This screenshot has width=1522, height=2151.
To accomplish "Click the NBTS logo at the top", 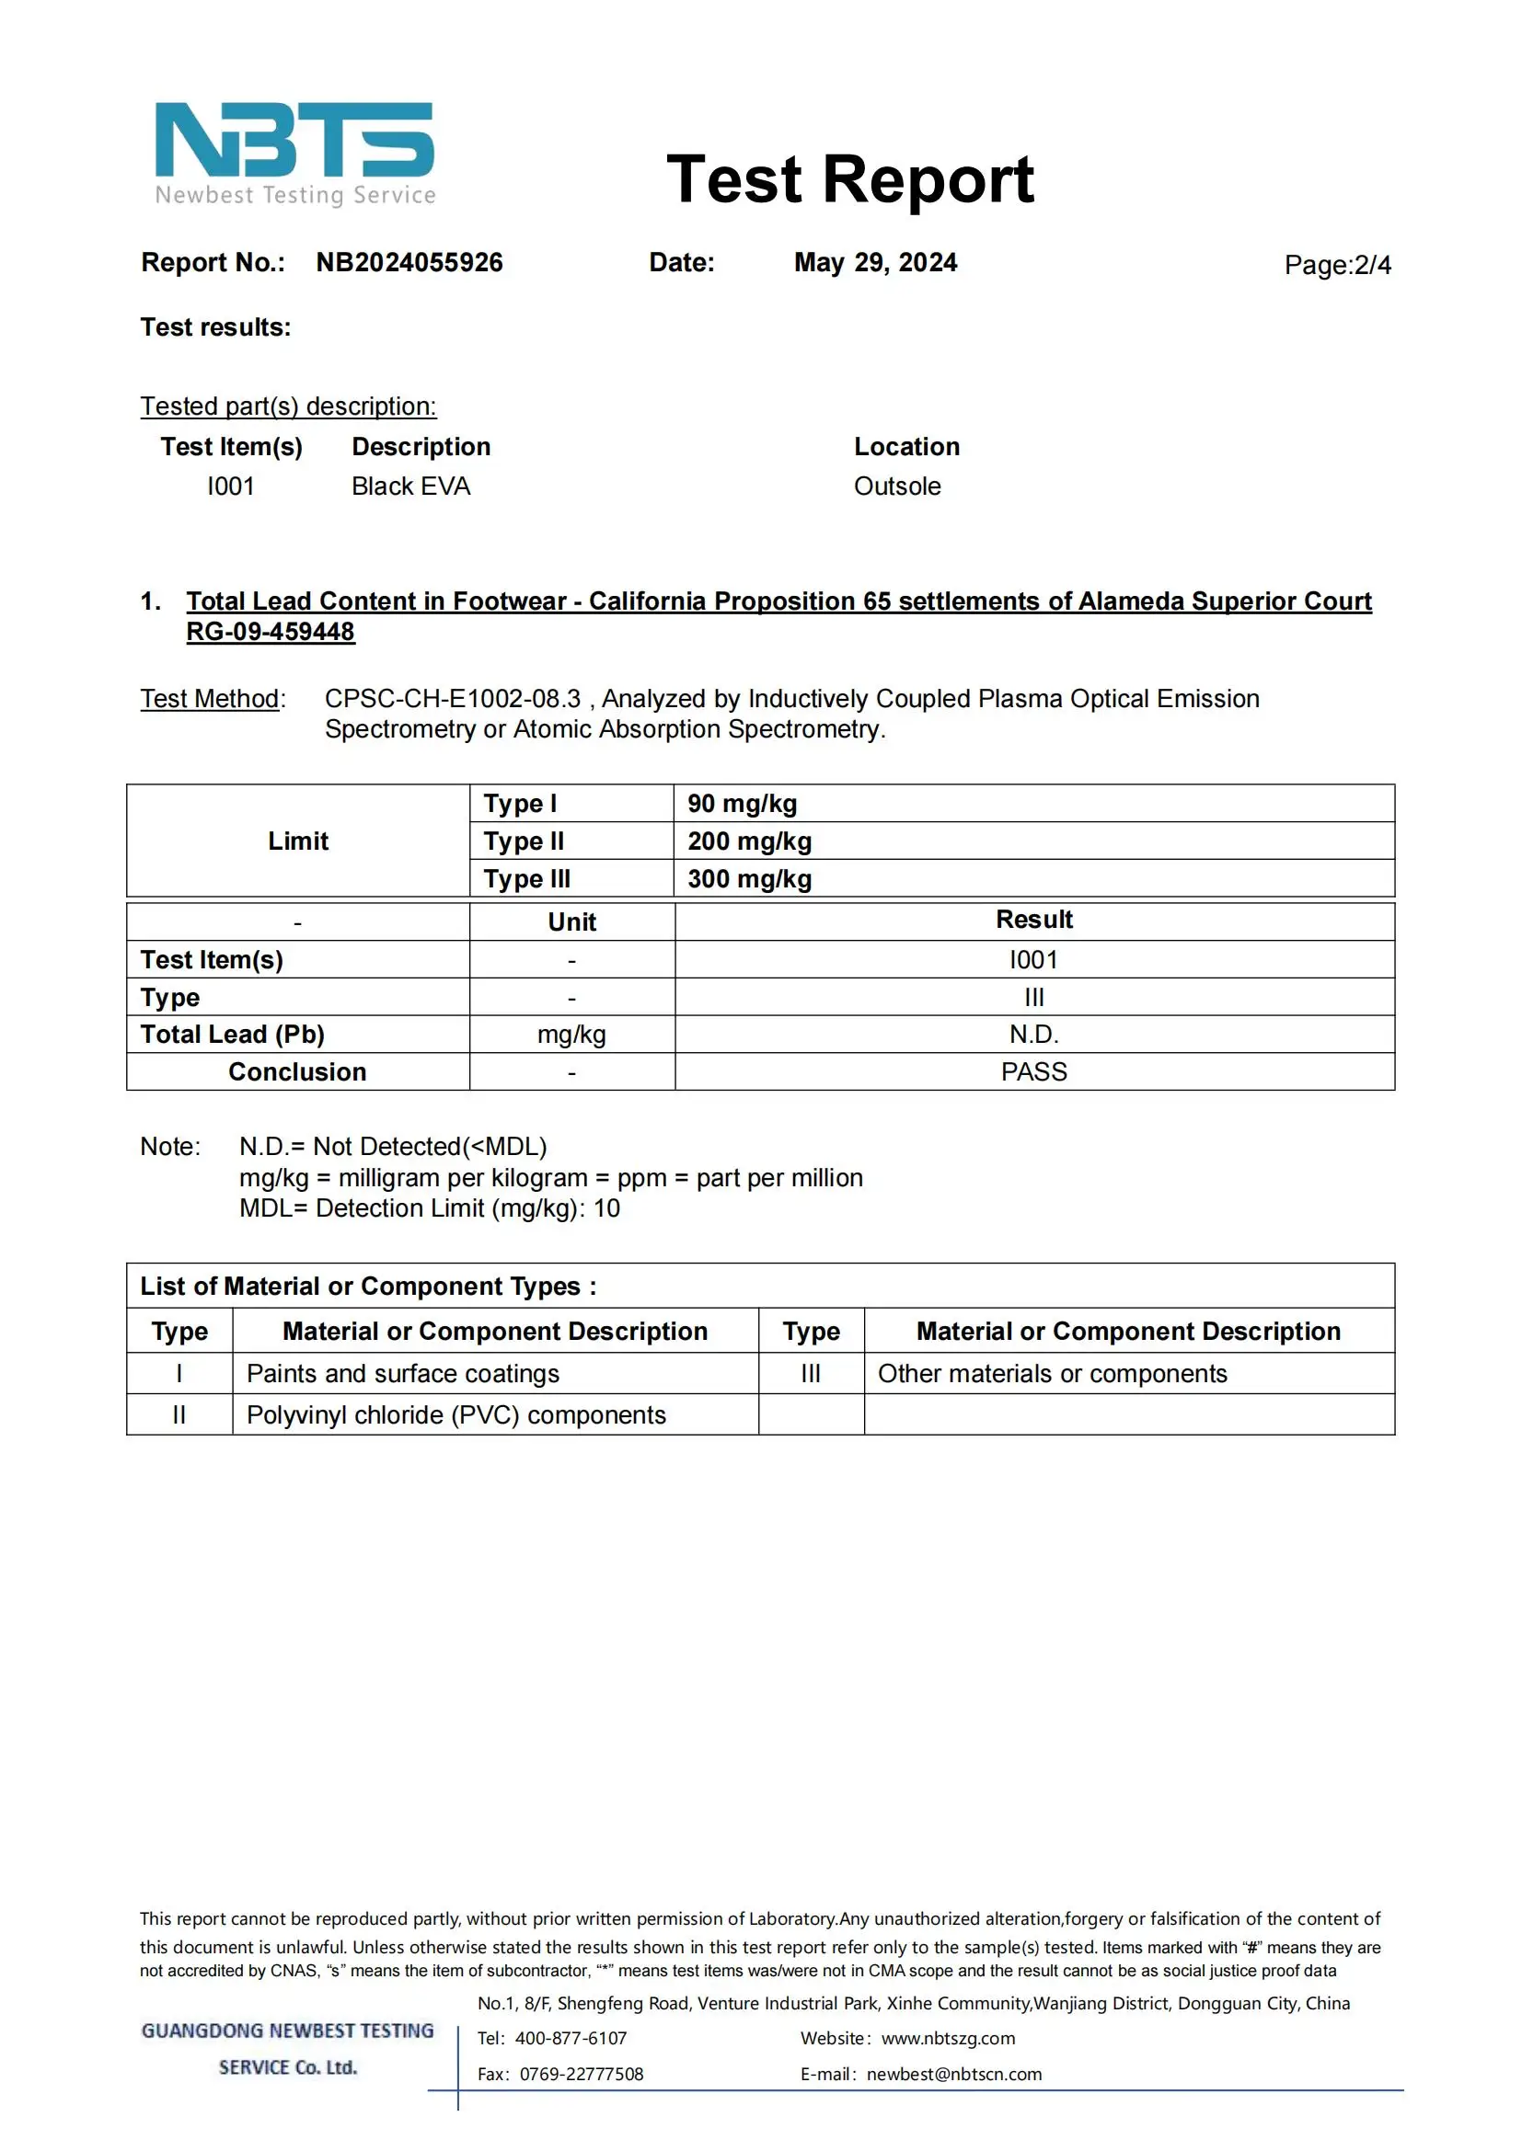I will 294,153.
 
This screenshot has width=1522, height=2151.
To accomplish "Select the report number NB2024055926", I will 409,262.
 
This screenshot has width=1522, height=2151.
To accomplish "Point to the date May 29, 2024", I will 874,262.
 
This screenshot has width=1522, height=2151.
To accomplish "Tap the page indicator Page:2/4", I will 1336,265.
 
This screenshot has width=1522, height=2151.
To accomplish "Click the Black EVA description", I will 410,486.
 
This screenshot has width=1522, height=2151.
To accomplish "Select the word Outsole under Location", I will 897,486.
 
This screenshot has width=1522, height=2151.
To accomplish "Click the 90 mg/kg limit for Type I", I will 743,804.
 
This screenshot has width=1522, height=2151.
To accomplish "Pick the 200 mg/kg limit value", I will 750,841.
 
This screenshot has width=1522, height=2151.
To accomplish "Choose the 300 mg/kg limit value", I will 750,879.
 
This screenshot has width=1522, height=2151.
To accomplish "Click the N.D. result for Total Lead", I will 1033,1035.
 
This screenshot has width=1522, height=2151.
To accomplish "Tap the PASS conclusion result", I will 1033,1071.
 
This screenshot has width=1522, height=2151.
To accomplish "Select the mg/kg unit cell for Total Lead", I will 571,1035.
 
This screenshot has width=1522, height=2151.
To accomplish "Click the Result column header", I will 1033,920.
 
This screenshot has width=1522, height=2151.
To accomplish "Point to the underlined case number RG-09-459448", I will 270,632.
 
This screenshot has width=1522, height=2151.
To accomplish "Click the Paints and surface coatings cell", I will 403,1373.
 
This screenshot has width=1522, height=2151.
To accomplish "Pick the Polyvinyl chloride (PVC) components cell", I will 456,1414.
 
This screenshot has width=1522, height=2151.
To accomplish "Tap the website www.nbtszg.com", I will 948,2039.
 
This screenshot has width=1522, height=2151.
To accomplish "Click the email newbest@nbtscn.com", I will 954,2074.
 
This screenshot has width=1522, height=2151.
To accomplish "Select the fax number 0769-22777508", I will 581,2074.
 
